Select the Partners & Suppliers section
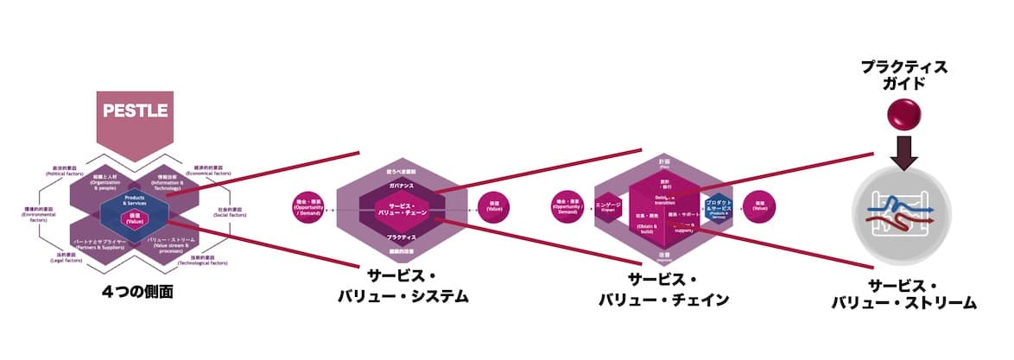coord(96,243)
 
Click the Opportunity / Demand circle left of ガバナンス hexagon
coord(307,209)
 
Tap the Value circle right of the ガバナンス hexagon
coord(494,209)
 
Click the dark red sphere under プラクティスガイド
coord(903,112)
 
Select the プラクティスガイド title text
coord(903,76)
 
